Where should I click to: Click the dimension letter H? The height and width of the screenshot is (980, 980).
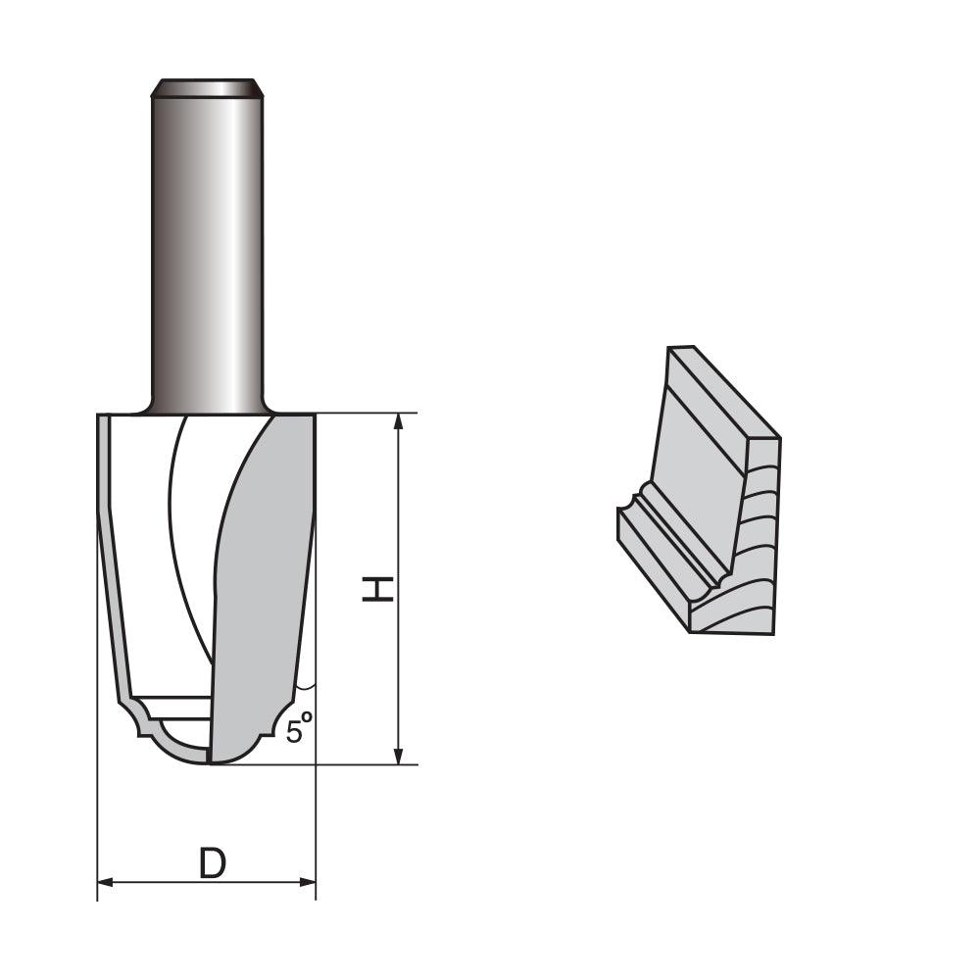point(378,588)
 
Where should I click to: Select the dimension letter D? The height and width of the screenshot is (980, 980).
point(212,863)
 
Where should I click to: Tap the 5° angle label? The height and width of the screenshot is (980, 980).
point(300,730)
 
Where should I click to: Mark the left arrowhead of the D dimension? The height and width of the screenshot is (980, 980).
point(107,883)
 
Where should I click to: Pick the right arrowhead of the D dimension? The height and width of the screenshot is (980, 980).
point(307,883)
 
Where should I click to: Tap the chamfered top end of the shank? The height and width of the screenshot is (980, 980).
point(206,87)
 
